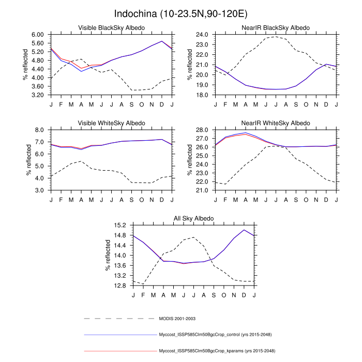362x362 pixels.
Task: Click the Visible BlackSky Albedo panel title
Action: pos(111,27)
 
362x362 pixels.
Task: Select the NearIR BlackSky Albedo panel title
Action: pos(276,27)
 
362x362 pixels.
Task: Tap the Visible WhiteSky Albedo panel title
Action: pos(111,123)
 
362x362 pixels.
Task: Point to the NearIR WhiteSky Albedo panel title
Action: pos(276,123)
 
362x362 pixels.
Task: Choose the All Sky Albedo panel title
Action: pos(193,219)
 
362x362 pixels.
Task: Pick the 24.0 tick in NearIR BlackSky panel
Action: pos(202,34)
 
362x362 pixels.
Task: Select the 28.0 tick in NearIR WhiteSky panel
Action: pos(202,130)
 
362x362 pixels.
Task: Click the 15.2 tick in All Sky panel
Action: pos(120,225)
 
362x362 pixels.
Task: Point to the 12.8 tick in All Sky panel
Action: pos(120,285)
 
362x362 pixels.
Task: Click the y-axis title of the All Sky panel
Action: pos(108,255)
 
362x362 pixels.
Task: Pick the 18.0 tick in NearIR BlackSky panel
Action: pos(202,95)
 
